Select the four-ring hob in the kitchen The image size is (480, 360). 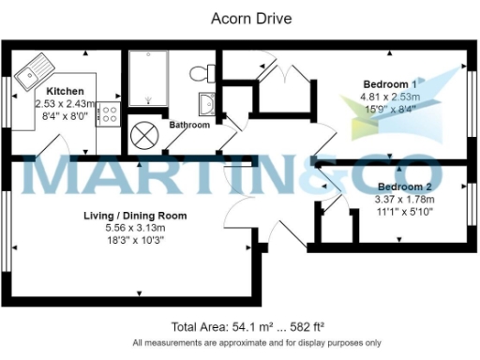click(x=109, y=116)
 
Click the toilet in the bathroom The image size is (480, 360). click(x=200, y=73)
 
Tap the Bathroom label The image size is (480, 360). click(x=189, y=124)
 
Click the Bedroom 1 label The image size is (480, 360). click(x=389, y=84)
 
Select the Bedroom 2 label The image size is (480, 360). click(x=405, y=186)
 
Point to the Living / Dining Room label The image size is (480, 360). click(x=134, y=216)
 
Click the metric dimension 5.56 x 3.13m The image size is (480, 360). click(x=134, y=228)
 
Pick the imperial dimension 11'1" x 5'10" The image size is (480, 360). click(x=405, y=211)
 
